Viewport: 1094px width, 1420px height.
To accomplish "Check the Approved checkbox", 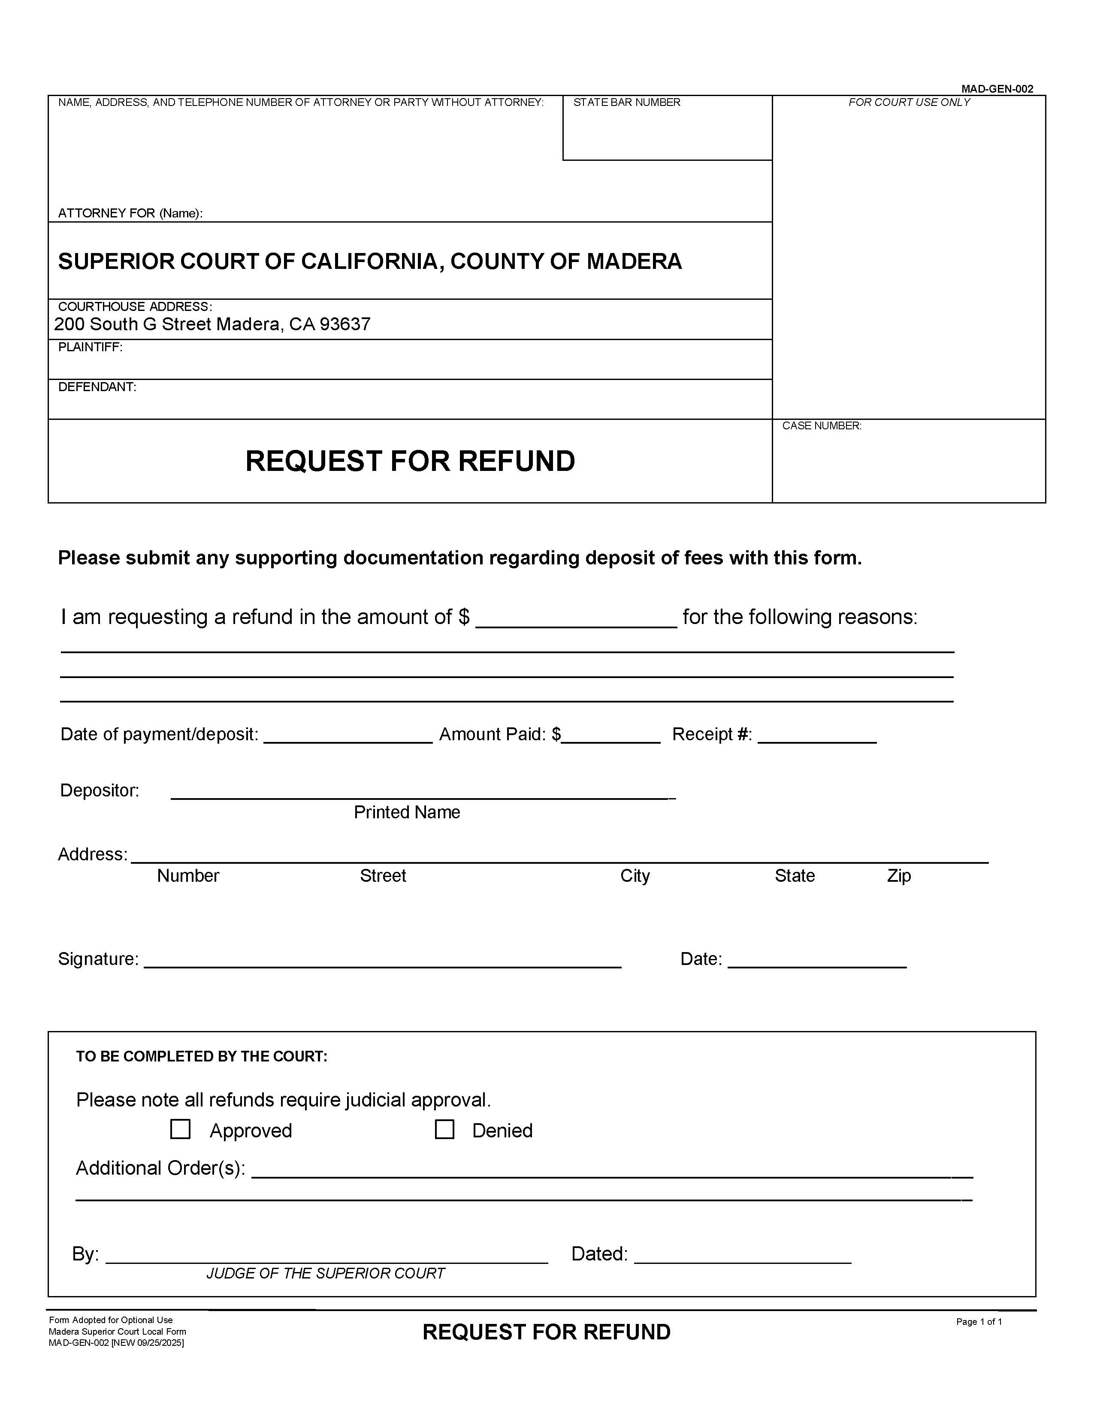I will (x=180, y=1129).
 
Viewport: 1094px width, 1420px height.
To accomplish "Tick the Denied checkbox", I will (x=444, y=1129).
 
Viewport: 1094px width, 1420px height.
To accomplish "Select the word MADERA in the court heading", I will (x=634, y=261).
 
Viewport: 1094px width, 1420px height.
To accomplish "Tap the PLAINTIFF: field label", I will (x=91, y=347).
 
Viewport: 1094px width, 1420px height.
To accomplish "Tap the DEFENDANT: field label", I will (x=97, y=387).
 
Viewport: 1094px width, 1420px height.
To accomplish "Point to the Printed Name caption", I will (x=407, y=812).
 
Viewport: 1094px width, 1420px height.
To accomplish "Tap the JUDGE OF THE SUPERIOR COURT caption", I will (x=325, y=1273).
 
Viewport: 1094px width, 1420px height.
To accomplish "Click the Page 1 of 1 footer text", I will (x=978, y=1321).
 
